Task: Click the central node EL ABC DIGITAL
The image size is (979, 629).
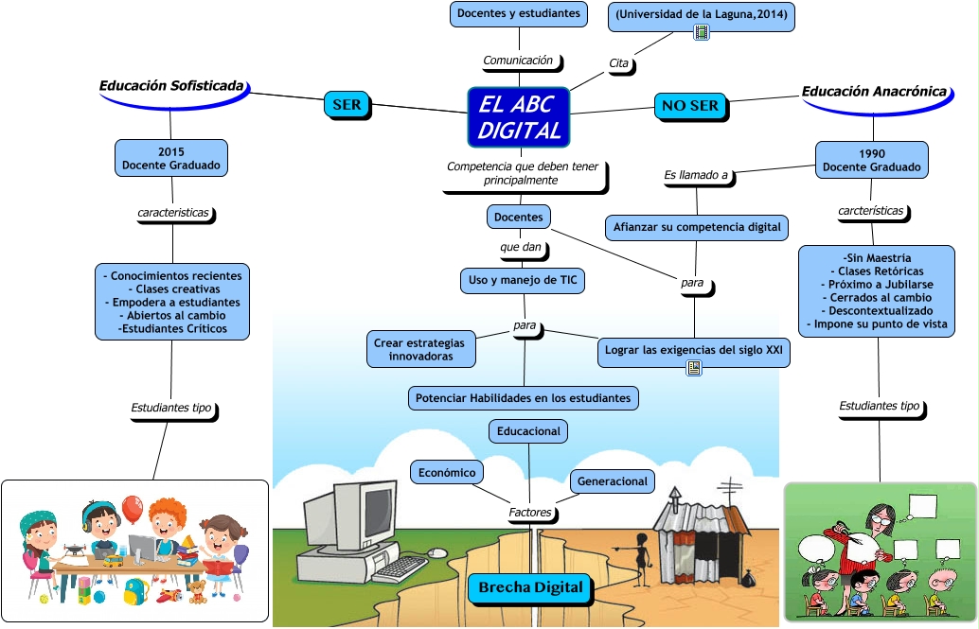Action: [x=519, y=117]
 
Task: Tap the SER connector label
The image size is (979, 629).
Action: [x=347, y=104]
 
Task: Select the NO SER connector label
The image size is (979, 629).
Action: [x=690, y=105]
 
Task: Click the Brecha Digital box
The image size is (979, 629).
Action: [x=530, y=587]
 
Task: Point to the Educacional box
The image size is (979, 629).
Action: [x=528, y=431]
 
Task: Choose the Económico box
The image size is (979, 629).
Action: [x=446, y=472]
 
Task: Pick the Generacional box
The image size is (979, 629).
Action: [x=612, y=481]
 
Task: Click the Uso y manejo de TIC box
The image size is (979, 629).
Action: [x=523, y=280]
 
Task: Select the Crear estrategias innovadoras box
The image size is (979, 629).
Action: [x=420, y=349]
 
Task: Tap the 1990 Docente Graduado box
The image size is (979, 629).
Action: [x=872, y=160]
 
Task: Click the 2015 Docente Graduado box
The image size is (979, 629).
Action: [x=171, y=158]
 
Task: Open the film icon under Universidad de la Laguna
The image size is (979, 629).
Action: [x=702, y=32]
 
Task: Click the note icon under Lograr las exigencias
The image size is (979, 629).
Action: [x=694, y=368]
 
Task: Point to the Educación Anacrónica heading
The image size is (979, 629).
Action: [x=874, y=92]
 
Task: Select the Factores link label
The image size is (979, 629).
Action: [x=530, y=513]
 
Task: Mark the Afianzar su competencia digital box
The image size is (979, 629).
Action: [x=697, y=227]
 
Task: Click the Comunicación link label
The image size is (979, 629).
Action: [x=518, y=61]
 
